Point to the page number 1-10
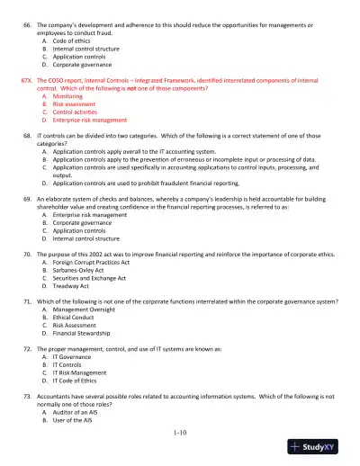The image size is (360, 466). [x=179, y=434]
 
